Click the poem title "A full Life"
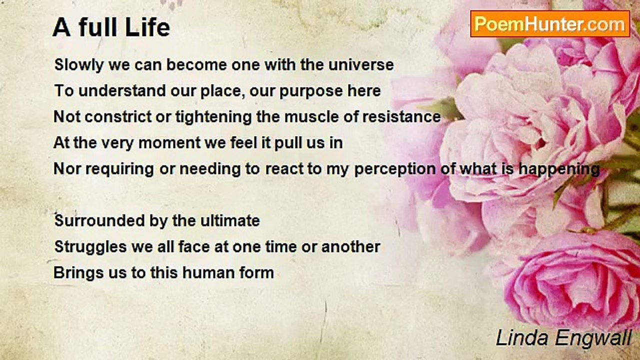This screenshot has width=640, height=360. tap(111, 27)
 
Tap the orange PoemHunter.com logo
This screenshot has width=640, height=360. tap(550, 24)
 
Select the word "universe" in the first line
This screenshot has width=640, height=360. tap(361, 64)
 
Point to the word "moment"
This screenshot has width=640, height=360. tap(169, 143)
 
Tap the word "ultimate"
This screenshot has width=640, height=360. tap(230, 221)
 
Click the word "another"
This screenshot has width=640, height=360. tap(350, 247)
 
